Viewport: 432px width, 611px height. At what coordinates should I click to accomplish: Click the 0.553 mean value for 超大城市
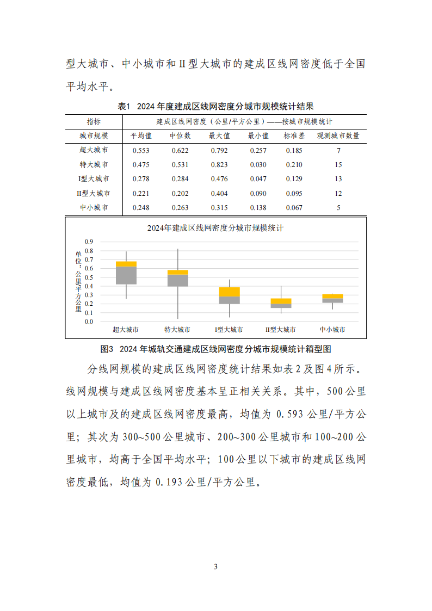pos(140,151)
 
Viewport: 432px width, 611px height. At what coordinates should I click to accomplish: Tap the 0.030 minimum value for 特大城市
pos(258,165)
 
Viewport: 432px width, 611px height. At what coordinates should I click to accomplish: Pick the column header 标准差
pos(294,136)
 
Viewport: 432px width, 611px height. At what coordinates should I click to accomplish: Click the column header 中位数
pos(180,136)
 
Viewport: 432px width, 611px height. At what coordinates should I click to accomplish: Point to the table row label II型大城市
pos(94,193)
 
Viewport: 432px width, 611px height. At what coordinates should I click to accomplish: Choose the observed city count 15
pos(338,165)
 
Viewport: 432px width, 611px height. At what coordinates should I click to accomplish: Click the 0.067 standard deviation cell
pos(294,207)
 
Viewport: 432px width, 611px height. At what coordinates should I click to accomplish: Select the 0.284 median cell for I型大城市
pos(180,179)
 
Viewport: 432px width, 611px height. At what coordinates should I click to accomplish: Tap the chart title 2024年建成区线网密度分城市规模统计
pos(215,229)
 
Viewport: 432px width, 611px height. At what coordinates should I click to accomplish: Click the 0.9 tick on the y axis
pos(89,242)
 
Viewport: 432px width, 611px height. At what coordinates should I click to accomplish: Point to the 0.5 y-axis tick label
pos(89,277)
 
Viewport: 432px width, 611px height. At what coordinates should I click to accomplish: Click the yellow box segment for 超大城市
pos(126,264)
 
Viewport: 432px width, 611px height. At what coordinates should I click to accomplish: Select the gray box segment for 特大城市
pos(178,280)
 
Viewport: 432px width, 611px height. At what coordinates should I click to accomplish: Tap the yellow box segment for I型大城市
pos(229,292)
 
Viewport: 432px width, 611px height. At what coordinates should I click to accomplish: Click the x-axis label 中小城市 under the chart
pos(332,330)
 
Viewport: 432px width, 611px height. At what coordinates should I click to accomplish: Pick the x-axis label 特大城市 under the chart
pos(178,330)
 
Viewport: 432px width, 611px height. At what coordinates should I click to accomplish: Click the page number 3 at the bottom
pos(216,566)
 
